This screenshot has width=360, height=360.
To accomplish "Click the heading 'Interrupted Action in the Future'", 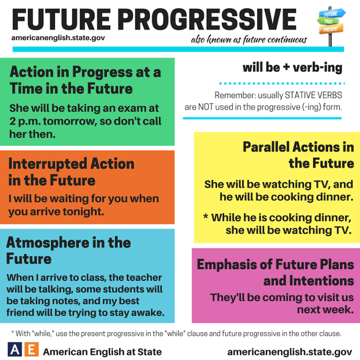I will (71, 172).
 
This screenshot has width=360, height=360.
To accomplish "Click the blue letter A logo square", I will (15, 350).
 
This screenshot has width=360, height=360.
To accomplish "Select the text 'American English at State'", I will (103, 351).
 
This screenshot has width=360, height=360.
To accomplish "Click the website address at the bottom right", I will (289, 351).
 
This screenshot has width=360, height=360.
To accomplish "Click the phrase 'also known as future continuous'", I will (249, 41).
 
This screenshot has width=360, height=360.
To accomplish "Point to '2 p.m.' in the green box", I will (23, 121).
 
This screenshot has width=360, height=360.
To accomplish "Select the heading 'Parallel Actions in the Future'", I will (298, 155).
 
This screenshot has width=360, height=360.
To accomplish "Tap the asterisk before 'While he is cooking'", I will (206, 217).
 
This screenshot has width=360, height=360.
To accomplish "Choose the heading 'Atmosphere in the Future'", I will (68, 250).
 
